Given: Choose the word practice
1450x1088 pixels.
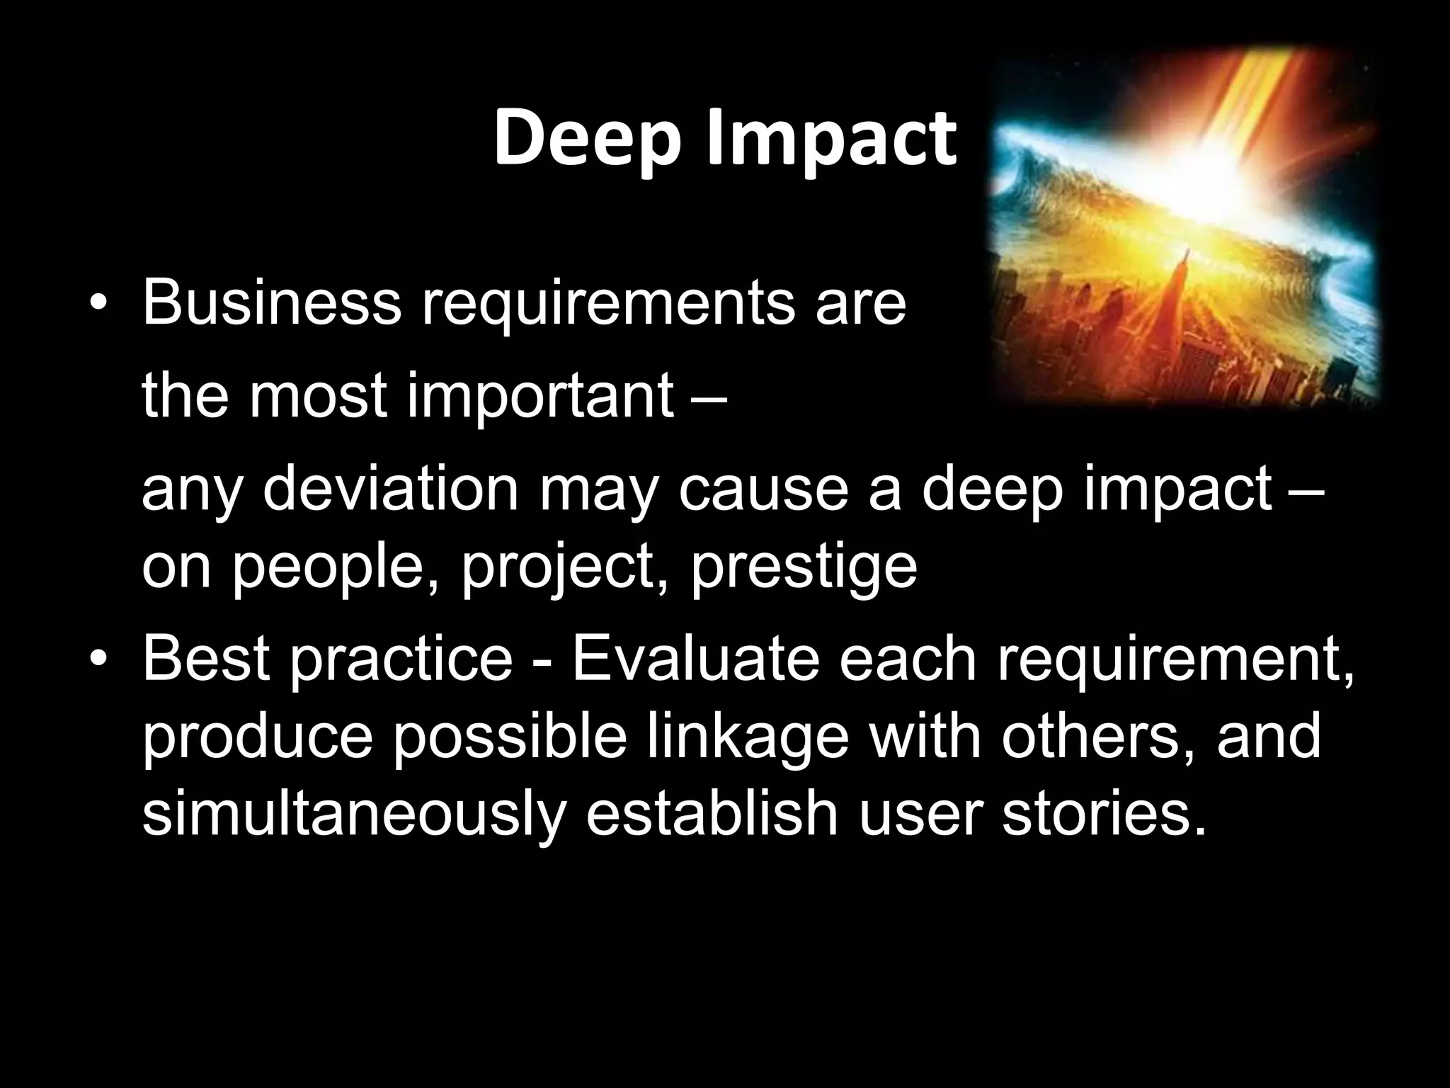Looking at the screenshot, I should coord(401,659).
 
